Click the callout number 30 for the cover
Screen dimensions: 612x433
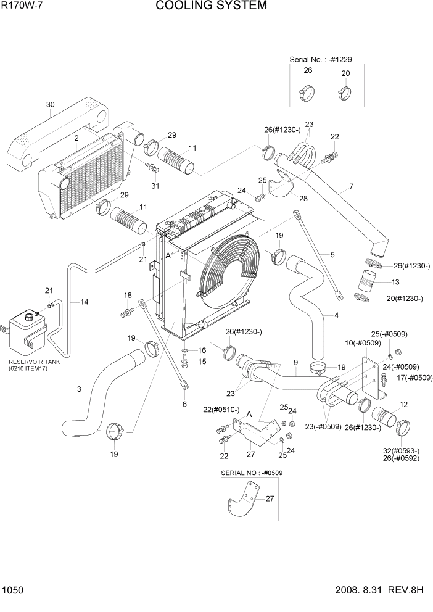(x=51, y=105)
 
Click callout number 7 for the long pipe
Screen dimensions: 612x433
(x=351, y=186)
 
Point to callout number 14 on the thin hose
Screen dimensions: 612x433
(x=84, y=302)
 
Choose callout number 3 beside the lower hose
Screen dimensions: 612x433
(x=79, y=389)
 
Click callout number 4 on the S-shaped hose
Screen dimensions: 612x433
(x=336, y=316)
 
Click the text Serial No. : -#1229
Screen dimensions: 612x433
(x=321, y=59)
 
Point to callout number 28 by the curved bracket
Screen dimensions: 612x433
(x=303, y=198)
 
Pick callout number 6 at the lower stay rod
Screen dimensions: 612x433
(x=184, y=403)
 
